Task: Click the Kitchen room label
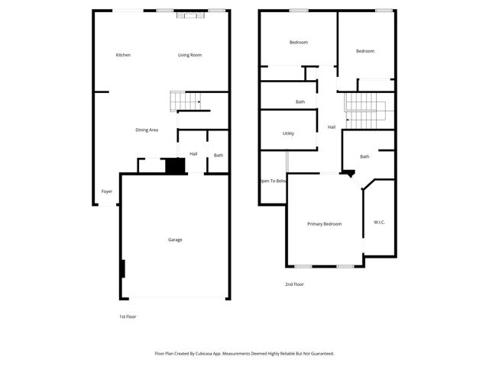[x=123, y=55]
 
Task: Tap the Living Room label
[x=189, y=55]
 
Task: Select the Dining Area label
[x=147, y=130]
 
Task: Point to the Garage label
[x=175, y=240]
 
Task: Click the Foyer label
[x=107, y=191]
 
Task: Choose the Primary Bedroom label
[x=324, y=224]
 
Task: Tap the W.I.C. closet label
[x=379, y=222]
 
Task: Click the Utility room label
[x=288, y=133]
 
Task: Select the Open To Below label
[x=273, y=181]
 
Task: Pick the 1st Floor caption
[x=128, y=316]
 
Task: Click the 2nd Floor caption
[x=294, y=284]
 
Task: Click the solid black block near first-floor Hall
[x=176, y=165]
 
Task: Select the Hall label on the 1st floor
[x=193, y=154]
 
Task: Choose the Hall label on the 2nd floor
[x=332, y=127]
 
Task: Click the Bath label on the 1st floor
[x=219, y=156]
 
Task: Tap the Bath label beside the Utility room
[x=300, y=102]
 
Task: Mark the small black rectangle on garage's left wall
[x=122, y=269]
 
